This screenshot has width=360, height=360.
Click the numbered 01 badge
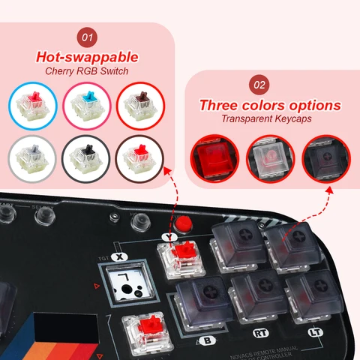point(88,36)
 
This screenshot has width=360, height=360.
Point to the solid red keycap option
point(218,159)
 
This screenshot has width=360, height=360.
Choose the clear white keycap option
point(271,159)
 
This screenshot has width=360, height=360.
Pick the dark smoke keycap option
point(326,159)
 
